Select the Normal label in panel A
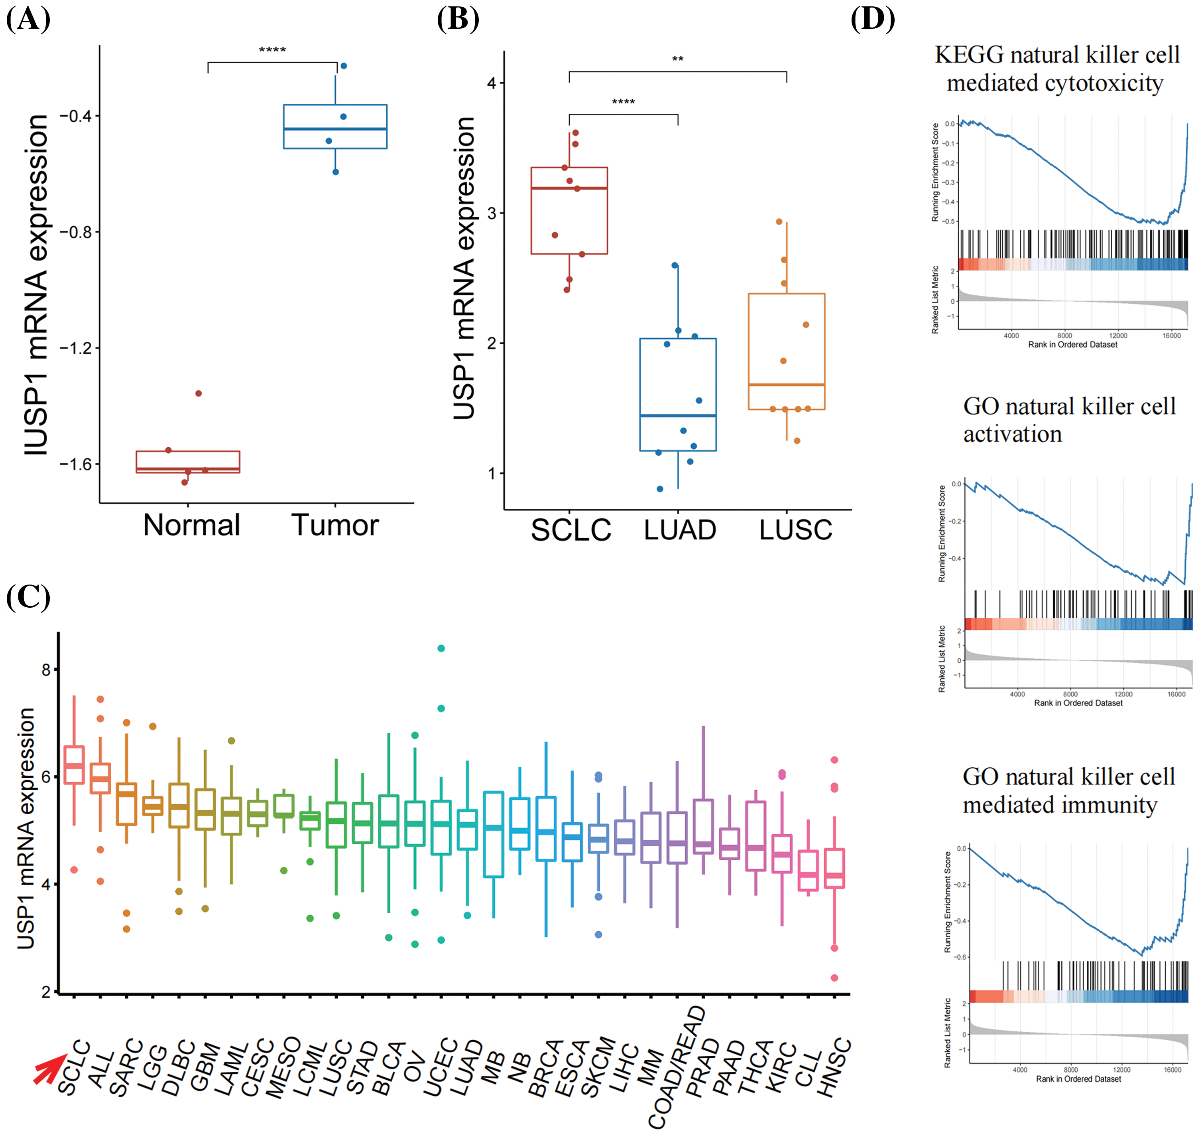pos(191,525)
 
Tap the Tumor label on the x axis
pos(335,525)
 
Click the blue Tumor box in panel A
pos(335,126)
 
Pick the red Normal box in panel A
pos(188,462)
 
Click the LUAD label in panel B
pos(680,530)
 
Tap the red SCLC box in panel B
pos(569,211)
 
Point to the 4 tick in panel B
pos(492,83)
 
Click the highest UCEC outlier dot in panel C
pos(441,648)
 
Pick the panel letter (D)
pos(872,19)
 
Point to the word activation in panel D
pos(1013,434)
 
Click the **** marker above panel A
pos(272,50)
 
